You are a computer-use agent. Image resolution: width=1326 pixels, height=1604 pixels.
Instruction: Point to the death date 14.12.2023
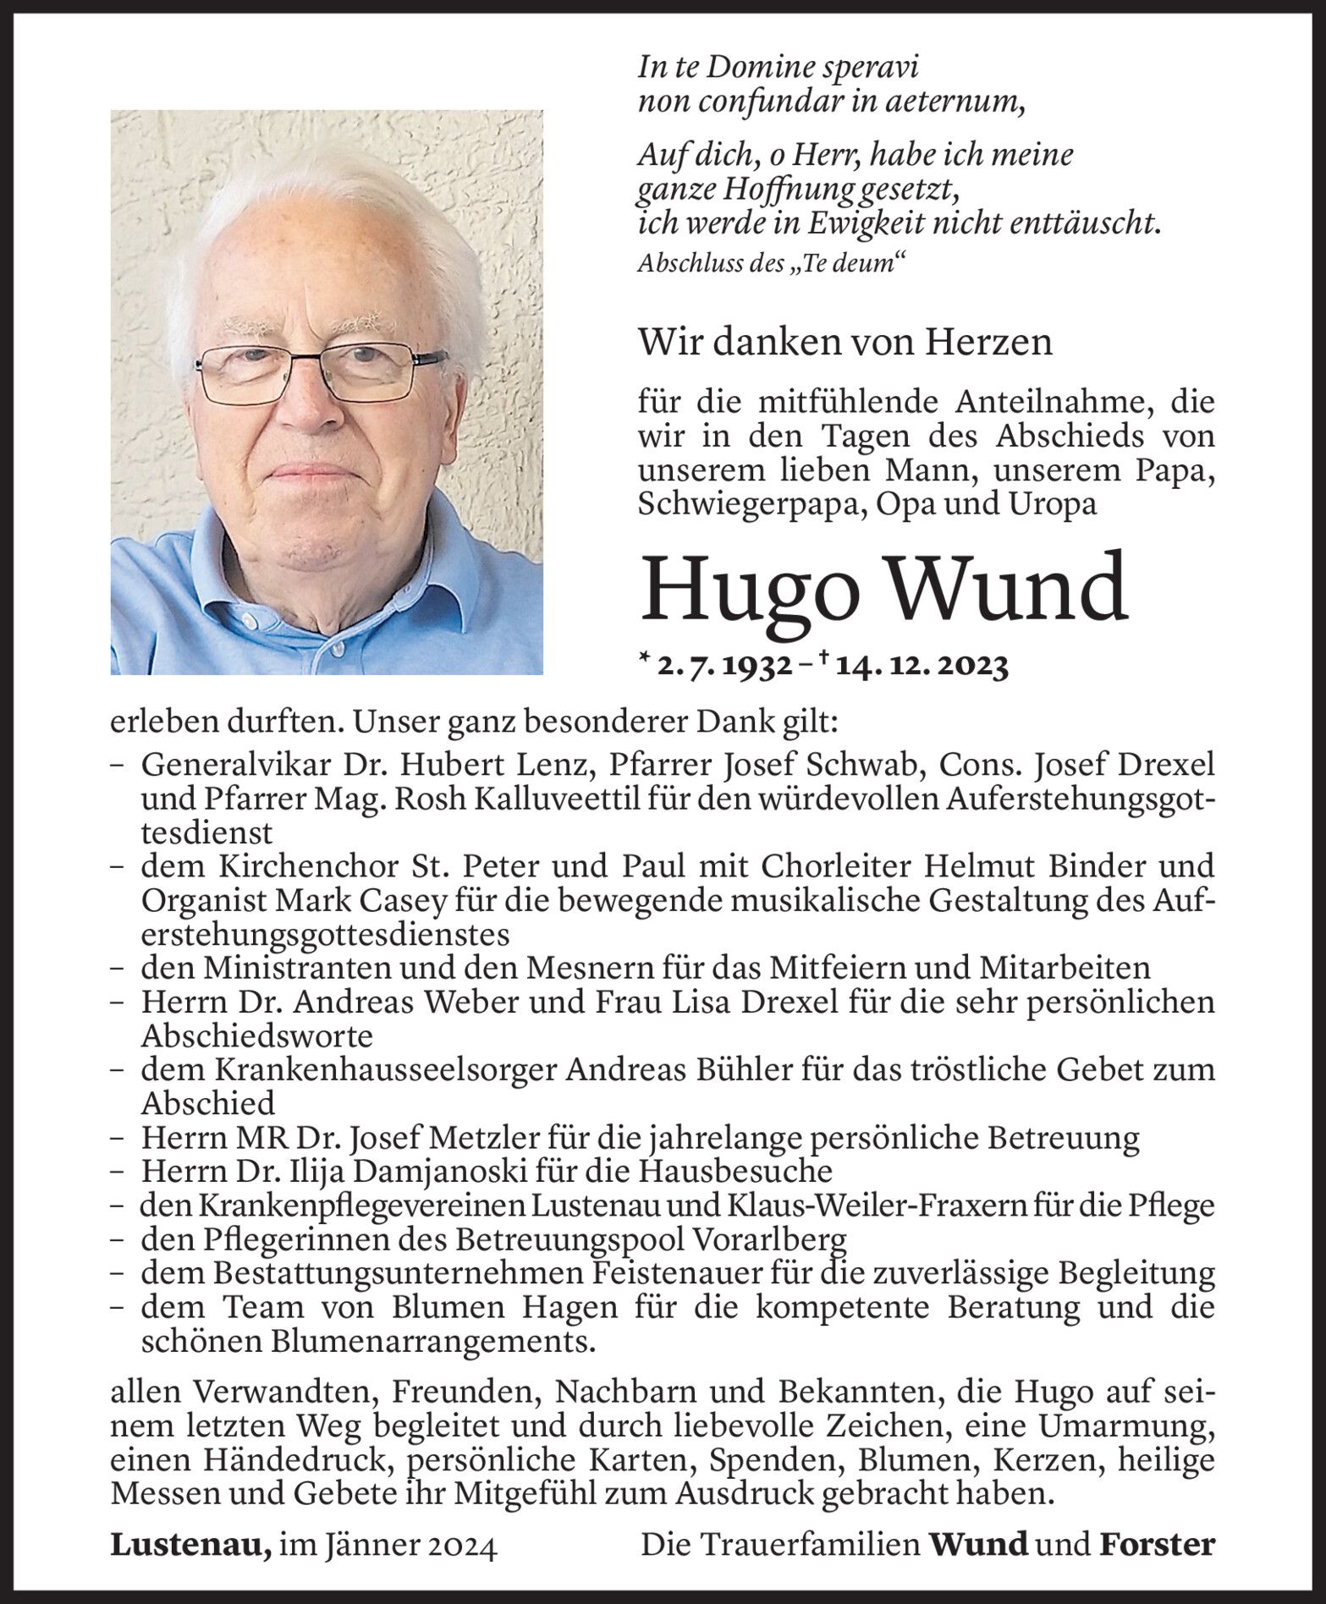922,667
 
